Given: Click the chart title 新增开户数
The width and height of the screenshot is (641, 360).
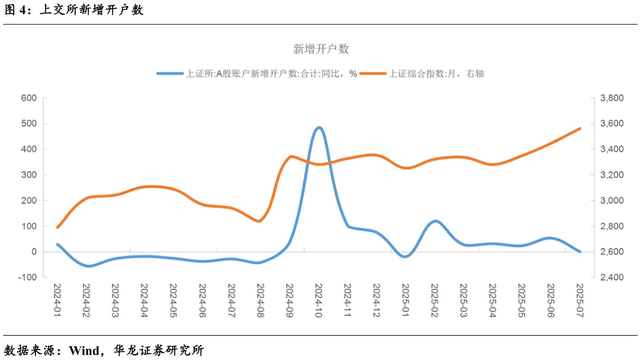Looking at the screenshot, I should [321, 49].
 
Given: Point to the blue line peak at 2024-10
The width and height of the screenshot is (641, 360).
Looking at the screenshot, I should [318, 127].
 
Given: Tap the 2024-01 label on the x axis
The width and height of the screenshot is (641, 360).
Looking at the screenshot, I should [57, 302].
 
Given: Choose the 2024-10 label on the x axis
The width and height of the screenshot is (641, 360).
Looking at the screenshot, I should [318, 302].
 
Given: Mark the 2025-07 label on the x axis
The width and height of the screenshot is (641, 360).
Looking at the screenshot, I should [579, 302].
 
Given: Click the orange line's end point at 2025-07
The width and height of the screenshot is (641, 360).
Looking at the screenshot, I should [579, 129].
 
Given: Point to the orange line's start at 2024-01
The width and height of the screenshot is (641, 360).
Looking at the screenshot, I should [57, 228].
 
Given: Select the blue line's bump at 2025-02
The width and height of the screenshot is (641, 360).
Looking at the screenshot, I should [435, 221].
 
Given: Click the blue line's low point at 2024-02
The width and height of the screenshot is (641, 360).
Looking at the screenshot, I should [88, 266].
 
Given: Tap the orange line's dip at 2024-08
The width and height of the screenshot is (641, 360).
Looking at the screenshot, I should [260, 221].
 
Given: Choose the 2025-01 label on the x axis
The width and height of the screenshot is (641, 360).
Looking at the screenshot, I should [405, 302].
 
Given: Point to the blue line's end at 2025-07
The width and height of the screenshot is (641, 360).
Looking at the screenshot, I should [579, 251].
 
